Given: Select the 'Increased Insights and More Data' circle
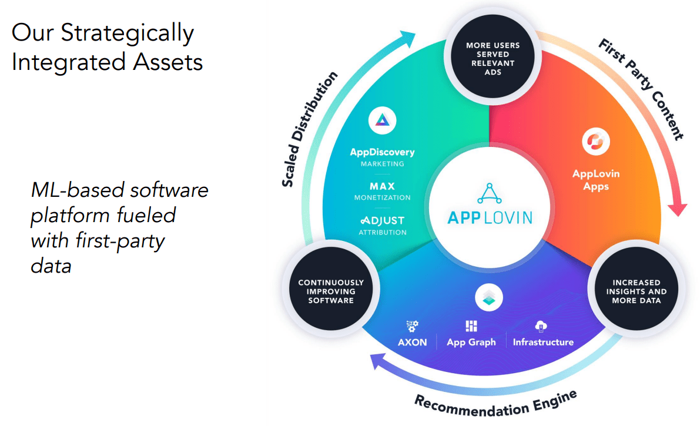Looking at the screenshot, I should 637,291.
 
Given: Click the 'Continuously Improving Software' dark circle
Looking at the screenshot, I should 330,291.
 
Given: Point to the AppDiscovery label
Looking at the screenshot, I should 382,152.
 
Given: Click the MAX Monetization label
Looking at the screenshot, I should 382,192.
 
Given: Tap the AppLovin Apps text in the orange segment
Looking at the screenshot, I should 596,180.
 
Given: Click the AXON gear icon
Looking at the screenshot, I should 412,327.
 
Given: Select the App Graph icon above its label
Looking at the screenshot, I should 471,327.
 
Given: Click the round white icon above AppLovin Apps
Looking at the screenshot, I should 596,140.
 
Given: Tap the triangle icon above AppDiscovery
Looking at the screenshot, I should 382,121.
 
